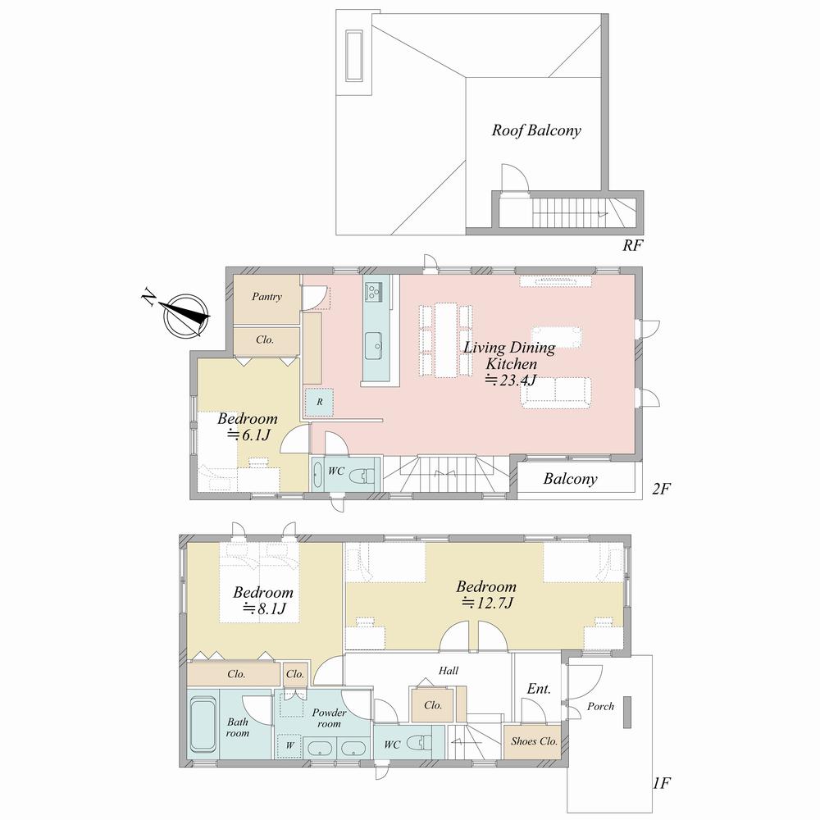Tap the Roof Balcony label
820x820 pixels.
536,130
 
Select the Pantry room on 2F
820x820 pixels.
266,297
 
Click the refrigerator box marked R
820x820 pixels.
319,400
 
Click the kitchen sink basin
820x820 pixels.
374,343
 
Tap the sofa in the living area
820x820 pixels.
558,392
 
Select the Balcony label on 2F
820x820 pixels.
570,479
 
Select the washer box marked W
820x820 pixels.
289,745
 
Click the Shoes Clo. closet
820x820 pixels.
534,740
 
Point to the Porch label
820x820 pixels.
600,706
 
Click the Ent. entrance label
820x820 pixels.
538,689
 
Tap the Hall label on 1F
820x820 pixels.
448,670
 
